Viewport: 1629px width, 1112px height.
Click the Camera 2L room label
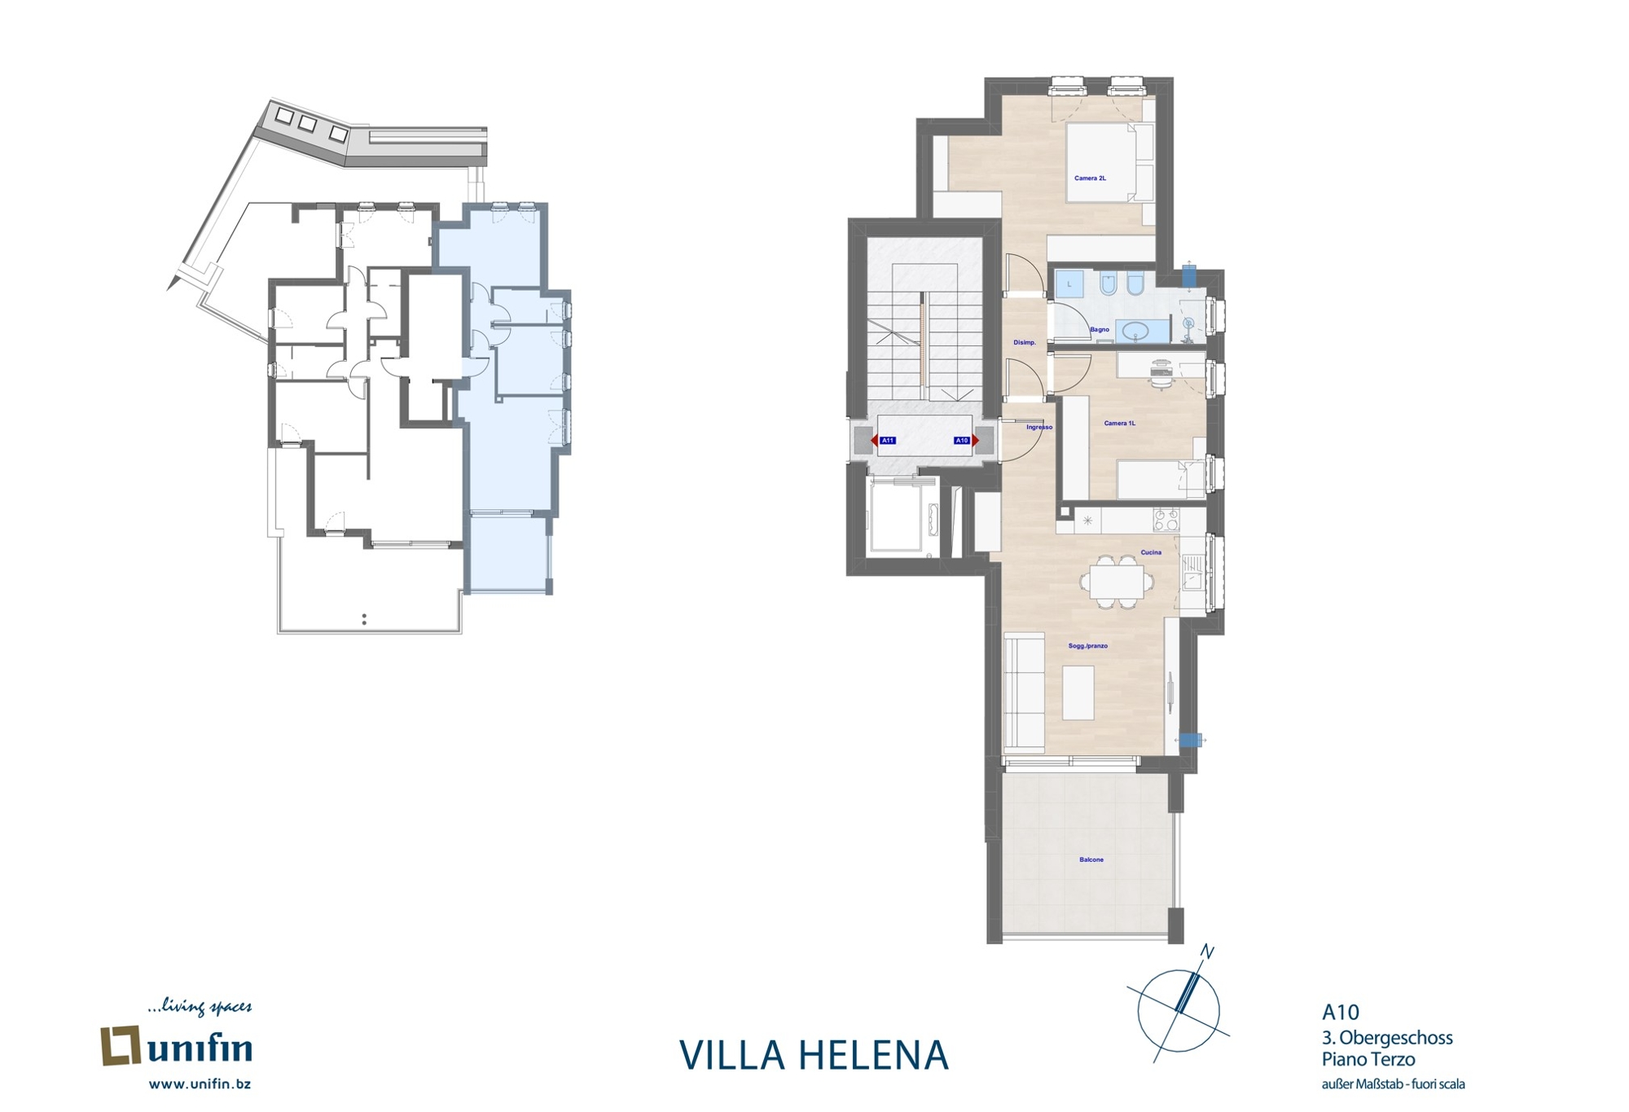click(x=1090, y=178)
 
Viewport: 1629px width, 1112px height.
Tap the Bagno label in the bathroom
click(x=1100, y=329)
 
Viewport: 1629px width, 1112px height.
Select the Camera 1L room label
click(x=1119, y=423)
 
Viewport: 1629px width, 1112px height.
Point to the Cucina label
click(x=1151, y=552)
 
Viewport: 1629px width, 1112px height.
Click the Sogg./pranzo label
click(x=1088, y=646)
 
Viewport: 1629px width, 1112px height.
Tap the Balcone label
click(x=1091, y=859)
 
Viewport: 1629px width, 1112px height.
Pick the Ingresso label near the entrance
click(x=1039, y=427)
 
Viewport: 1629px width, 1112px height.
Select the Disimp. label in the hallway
click(x=1025, y=342)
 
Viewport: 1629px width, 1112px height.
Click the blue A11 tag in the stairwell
click(x=888, y=441)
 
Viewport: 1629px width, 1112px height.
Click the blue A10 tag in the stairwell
click(x=962, y=441)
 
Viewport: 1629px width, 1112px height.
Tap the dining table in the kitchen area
click(x=1117, y=582)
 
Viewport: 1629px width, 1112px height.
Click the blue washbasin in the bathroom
click(x=1135, y=331)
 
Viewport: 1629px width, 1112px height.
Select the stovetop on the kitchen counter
click(x=1166, y=520)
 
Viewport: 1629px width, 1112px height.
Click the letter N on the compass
click(x=1208, y=952)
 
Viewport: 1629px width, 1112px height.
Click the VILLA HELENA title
click(x=814, y=1055)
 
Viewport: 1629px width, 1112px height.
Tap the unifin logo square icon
click(x=121, y=1046)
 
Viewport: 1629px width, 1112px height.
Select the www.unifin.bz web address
click(x=200, y=1084)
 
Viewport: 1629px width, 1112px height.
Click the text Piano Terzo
click(x=1368, y=1060)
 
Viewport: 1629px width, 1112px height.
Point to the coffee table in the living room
click(x=1078, y=692)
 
